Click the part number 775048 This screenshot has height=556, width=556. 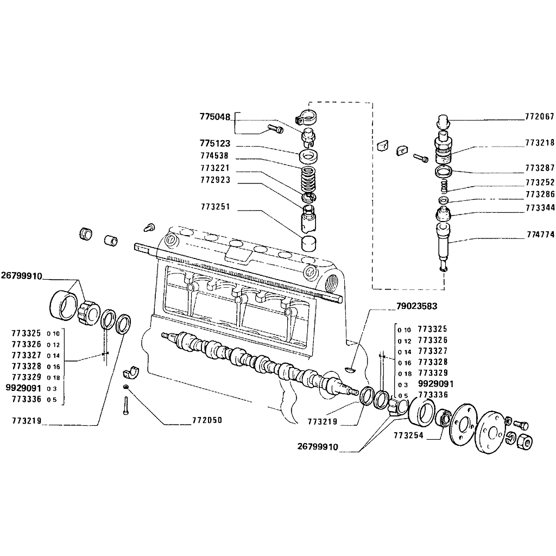(x=215, y=117)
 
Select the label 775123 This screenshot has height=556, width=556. (x=215, y=144)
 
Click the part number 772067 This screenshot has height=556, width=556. (x=539, y=117)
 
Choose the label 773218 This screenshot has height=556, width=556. (x=539, y=143)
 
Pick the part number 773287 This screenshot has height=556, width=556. (x=539, y=168)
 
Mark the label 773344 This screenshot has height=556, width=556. (x=539, y=207)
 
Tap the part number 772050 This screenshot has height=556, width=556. (x=207, y=420)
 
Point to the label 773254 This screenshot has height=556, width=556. (x=408, y=435)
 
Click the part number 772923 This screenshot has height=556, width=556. (x=215, y=180)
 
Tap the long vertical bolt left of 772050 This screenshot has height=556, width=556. (x=125, y=406)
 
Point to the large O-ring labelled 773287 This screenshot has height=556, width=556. (x=444, y=172)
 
